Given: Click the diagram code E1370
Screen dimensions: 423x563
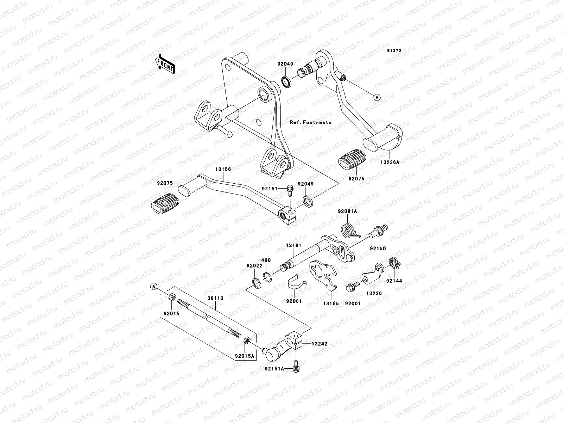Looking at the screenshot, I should (x=394, y=51).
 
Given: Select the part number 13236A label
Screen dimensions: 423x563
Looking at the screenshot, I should (x=390, y=163).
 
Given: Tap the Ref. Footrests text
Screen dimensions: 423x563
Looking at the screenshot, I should (x=311, y=122).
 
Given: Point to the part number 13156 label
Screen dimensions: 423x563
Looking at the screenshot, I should (x=223, y=169).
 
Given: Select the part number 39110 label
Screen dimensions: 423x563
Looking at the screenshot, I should (x=215, y=298).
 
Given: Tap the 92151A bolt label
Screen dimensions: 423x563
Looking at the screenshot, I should (x=275, y=369).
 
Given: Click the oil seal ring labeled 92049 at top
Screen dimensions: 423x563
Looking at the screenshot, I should (x=286, y=82).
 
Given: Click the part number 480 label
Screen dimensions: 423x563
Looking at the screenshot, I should (x=266, y=260).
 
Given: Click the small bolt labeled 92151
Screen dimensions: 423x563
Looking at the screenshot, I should (x=291, y=189).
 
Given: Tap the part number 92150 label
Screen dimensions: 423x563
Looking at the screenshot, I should (x=378, y=248).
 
